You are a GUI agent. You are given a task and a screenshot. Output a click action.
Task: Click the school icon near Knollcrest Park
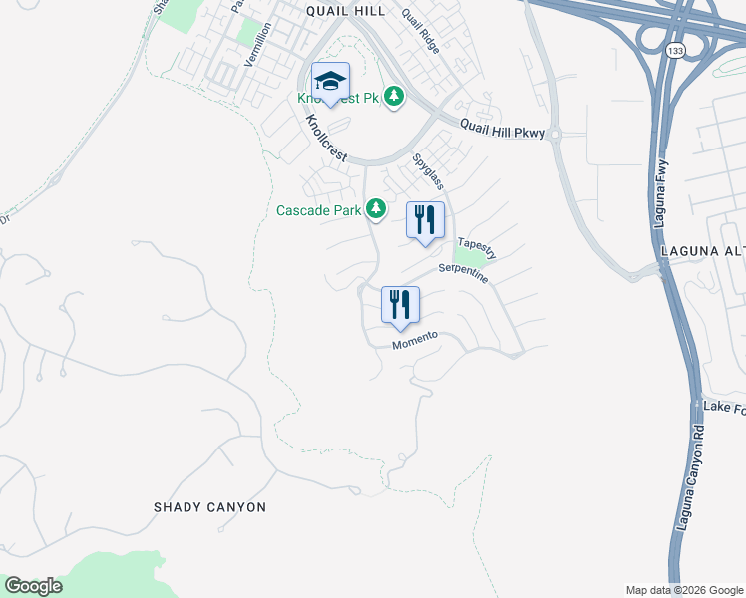pyautogui.click(x=330, y=81)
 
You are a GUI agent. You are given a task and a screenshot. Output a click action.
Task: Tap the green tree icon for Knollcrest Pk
pyautogui.click(x=396, y=96)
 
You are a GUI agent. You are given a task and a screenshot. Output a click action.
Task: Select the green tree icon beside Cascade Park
pyautogui.click(x=376, y=209)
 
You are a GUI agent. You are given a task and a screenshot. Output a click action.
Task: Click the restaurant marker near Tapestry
pyautogui.click(x=425, y=220)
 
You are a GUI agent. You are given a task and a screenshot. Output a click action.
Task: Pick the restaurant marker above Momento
pyautogui.click(x=400, y=305)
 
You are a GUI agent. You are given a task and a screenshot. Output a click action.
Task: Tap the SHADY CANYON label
pyautogui.click(x=209, y=507)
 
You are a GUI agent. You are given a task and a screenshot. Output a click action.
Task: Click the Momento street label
pyautogui.click(x=415, y=339)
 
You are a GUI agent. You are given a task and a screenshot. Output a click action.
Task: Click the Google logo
pyautogui.click(x=33, y=586)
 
